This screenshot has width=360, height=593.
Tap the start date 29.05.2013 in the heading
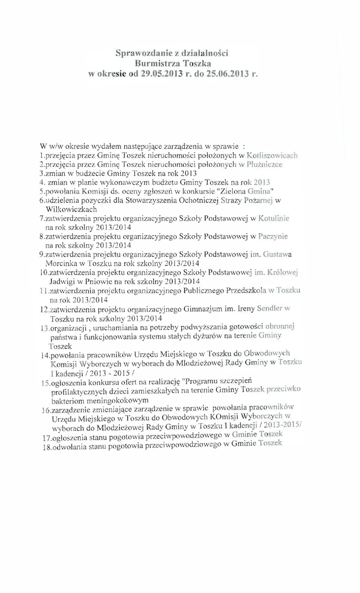tap(161, 74)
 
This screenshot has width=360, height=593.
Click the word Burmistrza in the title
tap(156, 64)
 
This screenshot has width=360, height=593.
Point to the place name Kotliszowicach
tap(271, 156)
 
